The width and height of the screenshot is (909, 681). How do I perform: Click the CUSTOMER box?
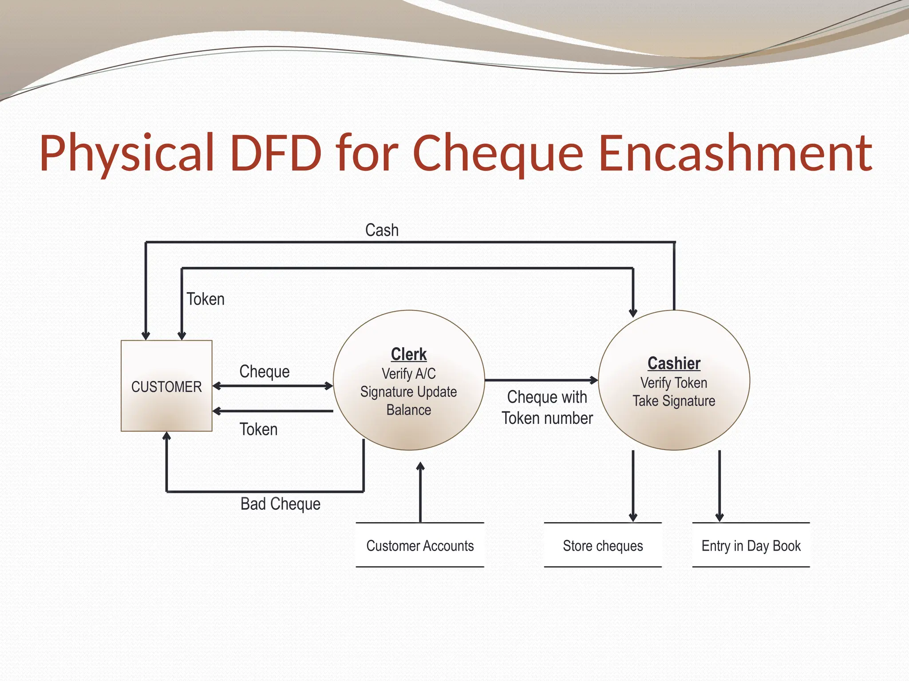(x=166, y=386)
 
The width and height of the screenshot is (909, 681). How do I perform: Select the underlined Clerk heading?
(x=408, y=354)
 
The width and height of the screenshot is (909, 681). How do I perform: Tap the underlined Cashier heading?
(x=674, y=363)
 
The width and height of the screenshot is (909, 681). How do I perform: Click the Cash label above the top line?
(x=382, y=230)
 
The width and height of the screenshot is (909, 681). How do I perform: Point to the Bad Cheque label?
(x=280, y=504)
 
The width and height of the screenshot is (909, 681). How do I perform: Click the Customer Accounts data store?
(x=420, y=545)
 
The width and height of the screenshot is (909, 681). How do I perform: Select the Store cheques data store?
(x=603, y=545)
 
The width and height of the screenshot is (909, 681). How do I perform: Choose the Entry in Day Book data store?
(x=751, y=545)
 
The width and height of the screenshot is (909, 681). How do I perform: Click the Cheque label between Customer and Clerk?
(x=265, y=372)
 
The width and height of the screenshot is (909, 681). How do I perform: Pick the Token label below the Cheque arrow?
(x=258, y=429)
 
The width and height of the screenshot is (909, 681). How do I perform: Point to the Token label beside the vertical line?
(x=206, y=299)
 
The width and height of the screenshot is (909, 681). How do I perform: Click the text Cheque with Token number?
(x=547, y=407)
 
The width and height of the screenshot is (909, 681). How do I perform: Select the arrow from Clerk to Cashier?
(x=541, y=380)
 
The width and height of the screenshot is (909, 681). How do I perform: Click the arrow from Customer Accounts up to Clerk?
(x=420, y=492)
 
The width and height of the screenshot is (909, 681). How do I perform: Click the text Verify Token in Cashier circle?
(x=674, y=383)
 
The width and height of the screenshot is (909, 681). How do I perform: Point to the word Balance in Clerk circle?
(x=408, y=410)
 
